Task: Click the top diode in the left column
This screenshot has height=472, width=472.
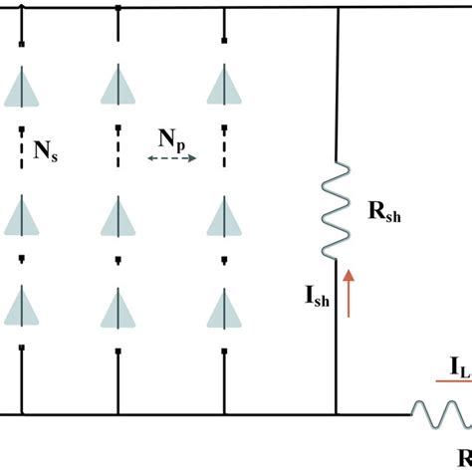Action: click(x=22, y=87)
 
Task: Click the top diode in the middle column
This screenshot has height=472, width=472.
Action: click(x=119, y=87)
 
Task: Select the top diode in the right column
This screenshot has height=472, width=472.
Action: click(x=223, y=87)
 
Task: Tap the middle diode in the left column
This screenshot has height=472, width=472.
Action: click(x=22, y=214)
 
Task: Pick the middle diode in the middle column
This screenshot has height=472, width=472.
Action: click(x=119, y=214)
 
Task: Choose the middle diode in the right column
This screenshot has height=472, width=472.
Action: click(x=223, y=214)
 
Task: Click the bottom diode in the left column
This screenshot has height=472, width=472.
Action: click(x=22, y=307)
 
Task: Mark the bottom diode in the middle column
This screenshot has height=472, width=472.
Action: click(x=119, y=307)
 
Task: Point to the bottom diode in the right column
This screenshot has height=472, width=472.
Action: click(x=223, y=307)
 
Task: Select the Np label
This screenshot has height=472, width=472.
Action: click(x=170, y=137)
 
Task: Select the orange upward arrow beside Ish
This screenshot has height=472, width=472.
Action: click(x=349, y=291)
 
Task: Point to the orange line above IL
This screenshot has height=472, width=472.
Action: click(x=453, y=381)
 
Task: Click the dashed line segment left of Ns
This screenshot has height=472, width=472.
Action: click(x=22, y=149)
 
